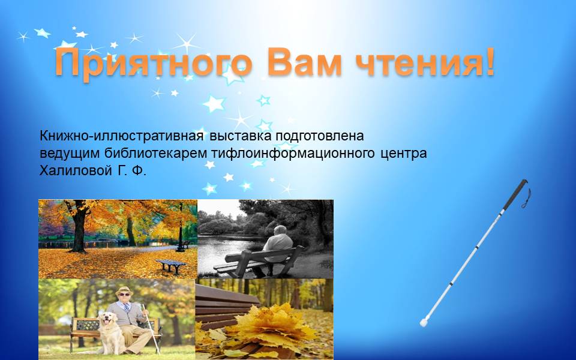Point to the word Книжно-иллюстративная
coord(122,136)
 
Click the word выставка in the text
coord(241,136)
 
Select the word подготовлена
coord(320,136)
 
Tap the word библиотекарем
coord(156,153)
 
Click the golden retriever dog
coord(110,333)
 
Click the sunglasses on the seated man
coord(124,295)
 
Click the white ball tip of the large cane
coord(424,323)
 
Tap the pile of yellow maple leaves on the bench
coord(270,323)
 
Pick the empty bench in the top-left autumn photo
coord(171,265)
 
